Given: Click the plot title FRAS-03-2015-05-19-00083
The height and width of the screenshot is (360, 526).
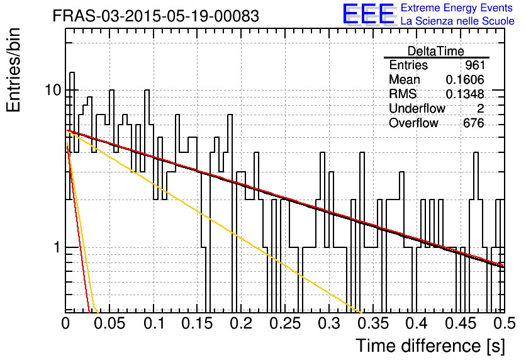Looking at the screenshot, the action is [x=155, y=16].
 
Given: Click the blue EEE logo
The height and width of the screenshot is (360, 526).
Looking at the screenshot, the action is [x=368, y=14].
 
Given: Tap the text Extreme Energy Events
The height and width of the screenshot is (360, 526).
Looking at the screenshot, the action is [x=457, y=8].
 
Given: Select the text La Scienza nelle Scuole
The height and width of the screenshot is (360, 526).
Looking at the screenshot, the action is [x=457, y=21].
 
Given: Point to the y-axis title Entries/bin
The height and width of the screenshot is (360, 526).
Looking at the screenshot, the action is [x=13, y=70].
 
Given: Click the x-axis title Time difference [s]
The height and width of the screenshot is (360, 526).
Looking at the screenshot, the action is [x=430, y=346].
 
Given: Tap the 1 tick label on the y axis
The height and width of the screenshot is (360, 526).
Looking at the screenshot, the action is [x=57, y=247].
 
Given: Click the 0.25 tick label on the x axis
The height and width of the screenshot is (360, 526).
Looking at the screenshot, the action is [x=285, y=323].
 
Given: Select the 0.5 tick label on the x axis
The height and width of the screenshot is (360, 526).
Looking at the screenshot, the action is [x=504, y=323].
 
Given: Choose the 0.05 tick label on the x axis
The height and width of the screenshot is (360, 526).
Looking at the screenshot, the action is [x=109, y=323].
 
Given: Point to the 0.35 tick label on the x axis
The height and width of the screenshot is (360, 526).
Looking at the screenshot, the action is [x=373, y=323].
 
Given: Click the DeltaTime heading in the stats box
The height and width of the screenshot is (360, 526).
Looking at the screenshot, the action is [x=436, y=51].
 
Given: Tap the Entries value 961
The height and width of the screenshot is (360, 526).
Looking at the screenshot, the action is [x=474, y=65].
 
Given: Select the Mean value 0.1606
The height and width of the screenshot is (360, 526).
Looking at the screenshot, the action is [x=465, y=79].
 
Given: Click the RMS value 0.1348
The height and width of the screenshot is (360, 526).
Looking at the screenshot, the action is [x=465, y=94].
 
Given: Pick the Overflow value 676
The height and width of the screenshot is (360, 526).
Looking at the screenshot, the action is [x=474, y=123].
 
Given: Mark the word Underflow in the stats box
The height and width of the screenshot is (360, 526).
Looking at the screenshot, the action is [x=417, y=109].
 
